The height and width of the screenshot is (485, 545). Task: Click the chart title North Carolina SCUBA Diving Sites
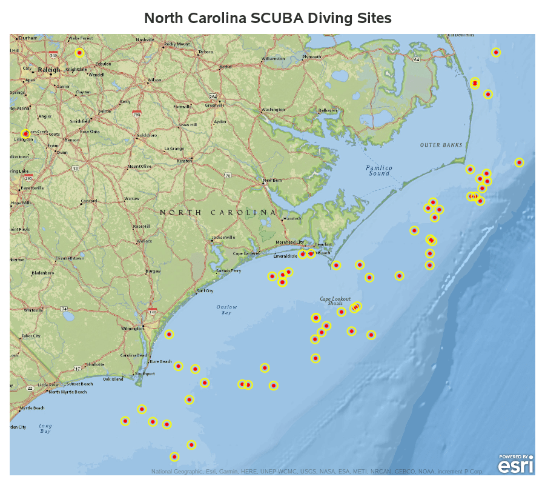pos(268,18)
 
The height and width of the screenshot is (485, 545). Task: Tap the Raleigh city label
pos(48,70)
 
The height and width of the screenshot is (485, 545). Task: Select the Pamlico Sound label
pos(379,170)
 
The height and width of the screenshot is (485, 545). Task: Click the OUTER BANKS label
pos(441,145)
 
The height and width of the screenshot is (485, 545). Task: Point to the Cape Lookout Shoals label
pos(335,301)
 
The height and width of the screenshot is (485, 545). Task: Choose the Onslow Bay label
pos(227,310)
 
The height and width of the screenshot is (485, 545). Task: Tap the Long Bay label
pos(45,429)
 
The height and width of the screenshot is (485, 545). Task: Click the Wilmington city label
pos(133,329)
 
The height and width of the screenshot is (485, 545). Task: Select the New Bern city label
pos(272,181)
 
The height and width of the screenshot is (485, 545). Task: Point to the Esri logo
pos(516,464)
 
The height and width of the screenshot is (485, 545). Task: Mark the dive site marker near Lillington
pos(25,133)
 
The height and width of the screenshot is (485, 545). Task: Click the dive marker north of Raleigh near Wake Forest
pos(79,53)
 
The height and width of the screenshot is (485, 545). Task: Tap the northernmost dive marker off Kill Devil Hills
pos(496,52)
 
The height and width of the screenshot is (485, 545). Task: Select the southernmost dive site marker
pos(174,457)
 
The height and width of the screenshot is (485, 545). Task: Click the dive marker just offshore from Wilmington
pos(169,334)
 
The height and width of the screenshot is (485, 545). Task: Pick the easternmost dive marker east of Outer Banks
pos(519,162)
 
